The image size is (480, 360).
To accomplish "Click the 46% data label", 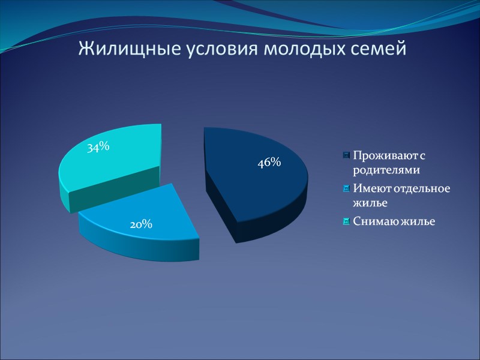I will coord(269,162).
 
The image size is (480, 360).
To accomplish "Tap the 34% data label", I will coord(97,147).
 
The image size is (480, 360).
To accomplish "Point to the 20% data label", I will coord(141,224).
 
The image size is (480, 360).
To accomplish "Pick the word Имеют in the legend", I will coord(370,189).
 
